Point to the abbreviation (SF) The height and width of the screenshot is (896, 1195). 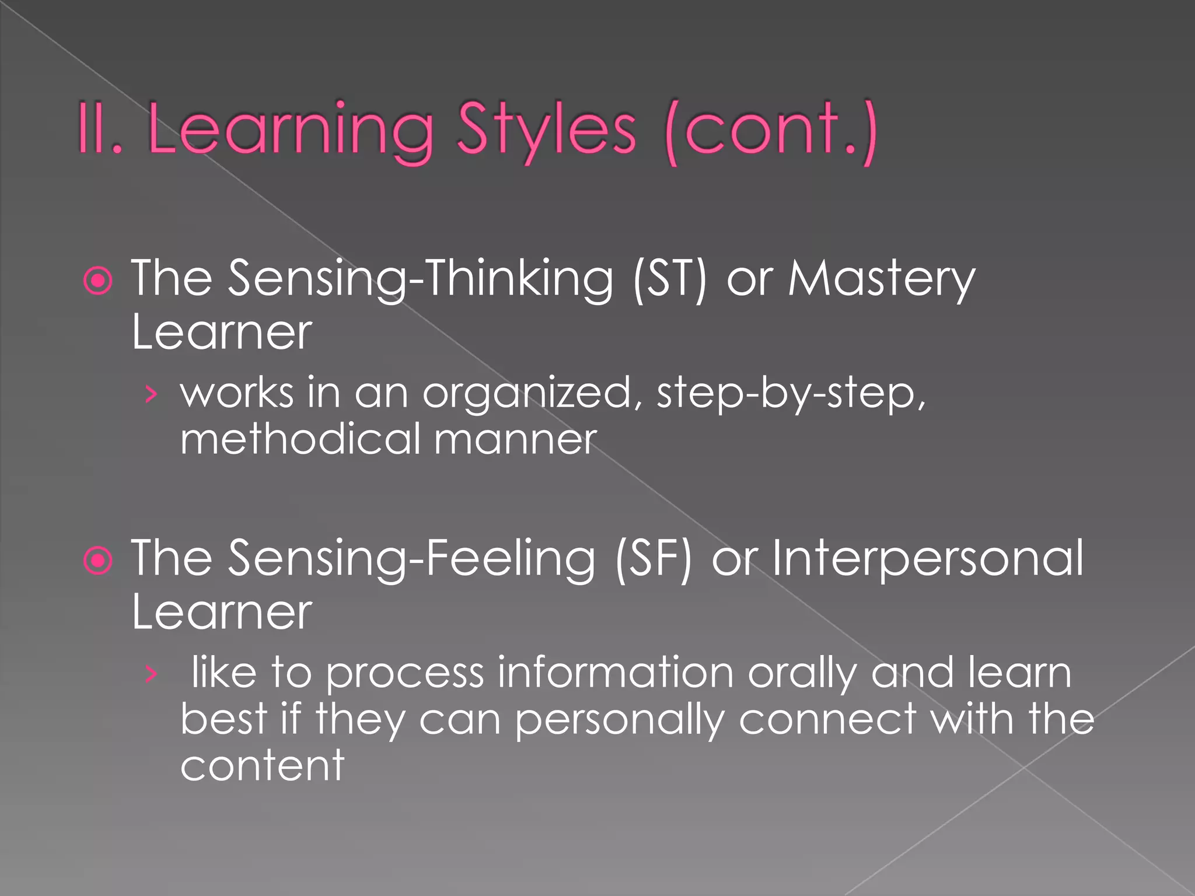pyautogui.click(x=654, y=559)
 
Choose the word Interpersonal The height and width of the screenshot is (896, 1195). pyautogui.click(x=928, y=559)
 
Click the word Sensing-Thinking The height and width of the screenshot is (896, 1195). pyautogui.click(x=420, y=279)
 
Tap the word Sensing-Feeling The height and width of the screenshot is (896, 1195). pyautogui.click(x=411, y=559)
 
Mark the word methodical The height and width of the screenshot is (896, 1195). pyautogui.click(x=301, y=439)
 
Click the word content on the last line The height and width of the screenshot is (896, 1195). pyautogui.click(x=263, y=765)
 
